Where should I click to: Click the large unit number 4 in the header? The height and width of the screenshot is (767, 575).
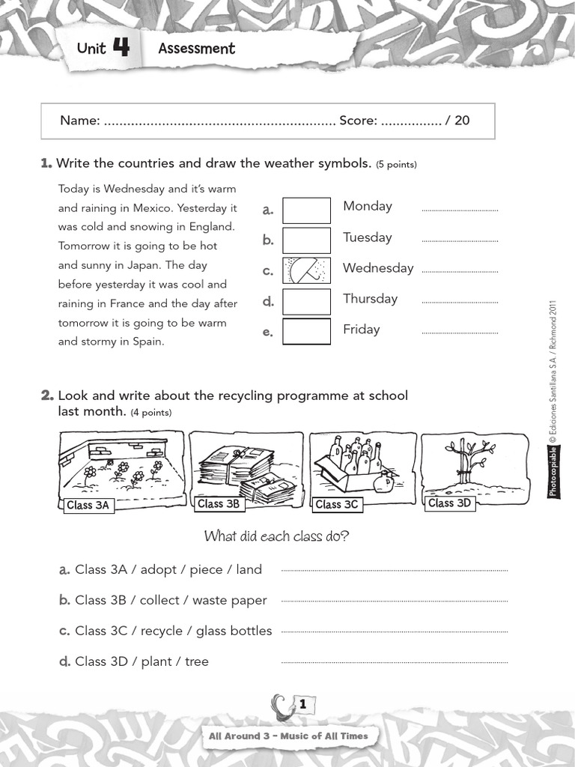click(x=121, y=48)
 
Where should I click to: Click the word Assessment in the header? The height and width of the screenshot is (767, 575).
click(x=196, y=49)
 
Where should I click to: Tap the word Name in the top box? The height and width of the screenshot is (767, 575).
click(x=79, y=120)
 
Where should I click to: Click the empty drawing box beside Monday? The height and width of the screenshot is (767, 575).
click(x=306, y=210)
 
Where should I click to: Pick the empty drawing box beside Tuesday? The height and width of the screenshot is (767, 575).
click(x=306, y=240)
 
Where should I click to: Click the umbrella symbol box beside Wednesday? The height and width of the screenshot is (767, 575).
click(x=306, y=270)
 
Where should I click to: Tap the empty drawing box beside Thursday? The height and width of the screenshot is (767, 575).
click(x=306, y=301)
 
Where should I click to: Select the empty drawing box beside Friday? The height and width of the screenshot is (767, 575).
click(x=306, y=331)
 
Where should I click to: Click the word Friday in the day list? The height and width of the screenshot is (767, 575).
click(x=361, y=330)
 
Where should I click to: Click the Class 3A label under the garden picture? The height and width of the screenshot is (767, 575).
click(x=88, y=506)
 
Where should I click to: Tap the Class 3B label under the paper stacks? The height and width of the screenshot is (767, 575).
click(x=219, y=504)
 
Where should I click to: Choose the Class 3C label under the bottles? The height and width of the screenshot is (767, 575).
click(x=337, y=505)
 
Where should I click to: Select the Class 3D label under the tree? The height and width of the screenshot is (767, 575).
click(x=449, y=503)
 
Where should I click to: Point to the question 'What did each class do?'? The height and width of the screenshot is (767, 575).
click(x=276, y=536)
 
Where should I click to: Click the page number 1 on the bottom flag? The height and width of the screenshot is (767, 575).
click(x=302, y=705)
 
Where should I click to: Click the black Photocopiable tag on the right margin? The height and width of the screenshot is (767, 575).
click(x=553, y=473)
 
